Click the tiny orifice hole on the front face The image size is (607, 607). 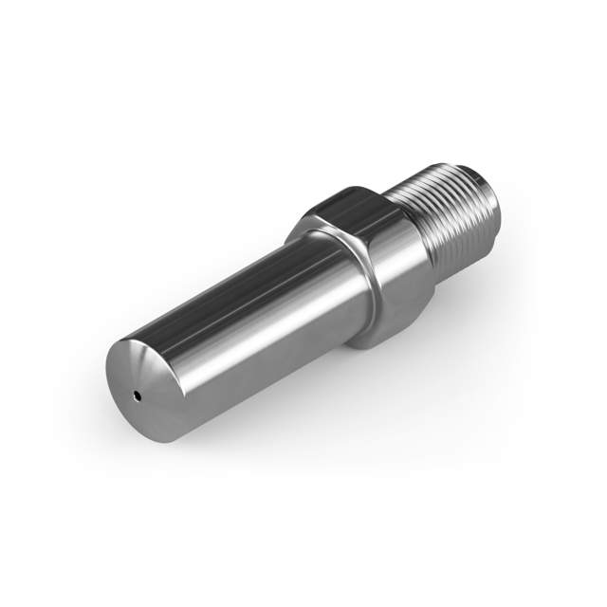138,394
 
